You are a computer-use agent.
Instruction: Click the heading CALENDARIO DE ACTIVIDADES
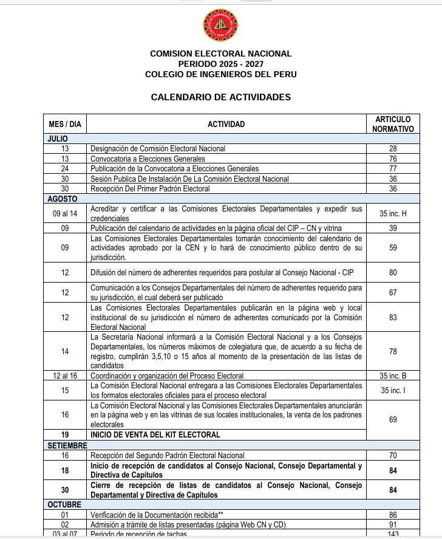(x=220, y=97)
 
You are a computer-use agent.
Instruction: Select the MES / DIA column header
(x=64, y=124)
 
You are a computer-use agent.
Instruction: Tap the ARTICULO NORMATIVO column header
(x=393, y=124)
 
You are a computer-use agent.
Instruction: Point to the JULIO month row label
(x=58, y=139)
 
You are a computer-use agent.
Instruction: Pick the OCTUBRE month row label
(x=64, y=505)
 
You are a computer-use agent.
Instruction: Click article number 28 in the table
(x=393, y=148)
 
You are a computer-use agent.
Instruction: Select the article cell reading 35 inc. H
(x=393, y=213)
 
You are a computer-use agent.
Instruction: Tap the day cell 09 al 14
(x=65, y=213)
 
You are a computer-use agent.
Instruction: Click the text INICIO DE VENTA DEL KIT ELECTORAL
(x=155, y=435)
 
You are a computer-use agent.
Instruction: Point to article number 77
(x=393, y=168)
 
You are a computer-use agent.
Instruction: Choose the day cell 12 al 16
(x=65, y=376)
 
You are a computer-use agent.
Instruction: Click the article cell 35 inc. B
(x=393, y=376)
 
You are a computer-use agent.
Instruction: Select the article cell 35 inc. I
(x=393, y=390)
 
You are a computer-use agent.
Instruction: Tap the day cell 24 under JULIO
(x=65, y=168)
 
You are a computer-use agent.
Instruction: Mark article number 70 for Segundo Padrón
(x=393, y=455)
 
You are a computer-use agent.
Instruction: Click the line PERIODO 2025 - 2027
(x=220, y=64)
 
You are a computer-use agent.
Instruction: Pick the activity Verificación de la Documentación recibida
(x=163, y=515)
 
